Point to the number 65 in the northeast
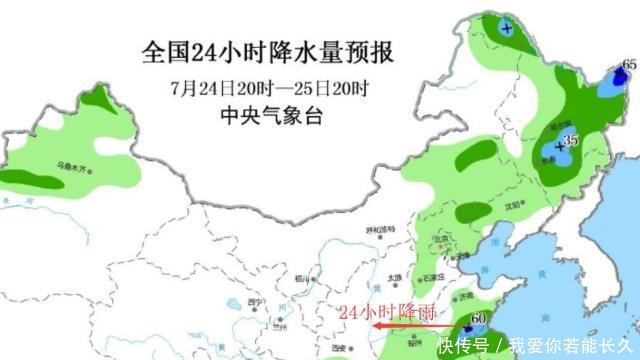(629, 65)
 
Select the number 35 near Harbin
(572, 141)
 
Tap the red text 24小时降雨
(387, 311)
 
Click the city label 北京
(440, 240)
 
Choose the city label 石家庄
(429, 274)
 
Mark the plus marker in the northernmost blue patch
(507, 28)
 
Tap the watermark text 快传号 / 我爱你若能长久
(551, 345)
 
